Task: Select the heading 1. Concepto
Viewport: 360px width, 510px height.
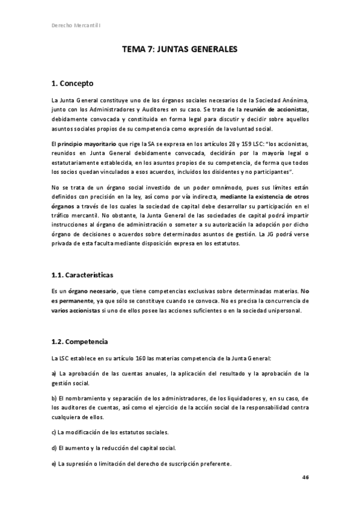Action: pyautogui.click(x=72, y=82)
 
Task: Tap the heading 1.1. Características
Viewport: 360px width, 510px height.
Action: pyautogui.click(x=82, y=274)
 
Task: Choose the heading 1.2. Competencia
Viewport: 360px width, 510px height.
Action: pyautogui.click(x=80, y=342)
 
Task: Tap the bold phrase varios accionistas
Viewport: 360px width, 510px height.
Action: pyautogui.click(x=76, y=310)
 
